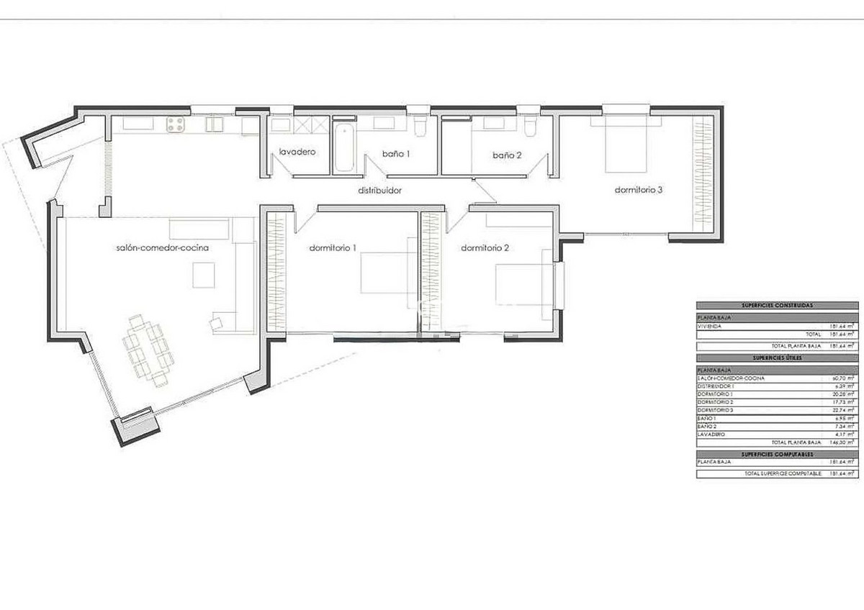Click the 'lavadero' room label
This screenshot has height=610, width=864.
click(x=297, y=152)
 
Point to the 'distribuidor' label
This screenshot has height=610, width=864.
click(x=379, y=191)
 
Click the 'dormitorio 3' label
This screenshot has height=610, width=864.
click(x=638, y=191)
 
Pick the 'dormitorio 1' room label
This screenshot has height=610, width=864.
click(x=333, y=248)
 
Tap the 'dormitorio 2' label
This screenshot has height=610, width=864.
click(x=485, y=248)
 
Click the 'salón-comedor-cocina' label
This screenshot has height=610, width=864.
click(x=162, y=248)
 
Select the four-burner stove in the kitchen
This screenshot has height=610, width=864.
click(x=176, y=125)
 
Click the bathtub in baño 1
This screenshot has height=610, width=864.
click(x=345, y=149)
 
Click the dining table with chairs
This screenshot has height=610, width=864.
click(x=146, y=350)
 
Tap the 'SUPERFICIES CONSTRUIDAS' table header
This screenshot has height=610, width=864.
click(x=776, y=306)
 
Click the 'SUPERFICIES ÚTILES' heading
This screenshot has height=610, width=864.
click(x=776, y=358)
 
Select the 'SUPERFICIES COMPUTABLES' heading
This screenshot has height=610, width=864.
click(x=776, y=454)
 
